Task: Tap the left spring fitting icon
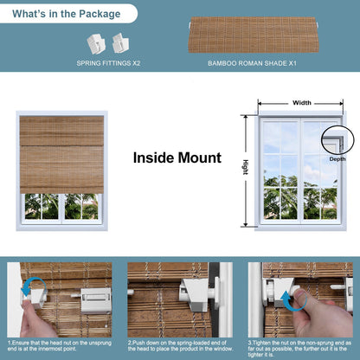click(94, 42)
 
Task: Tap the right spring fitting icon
click(117, 41)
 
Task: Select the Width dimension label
click(301, 102)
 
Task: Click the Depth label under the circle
click(337, 159)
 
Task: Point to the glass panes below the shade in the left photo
click(61, 206)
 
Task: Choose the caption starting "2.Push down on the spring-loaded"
click(179, 346)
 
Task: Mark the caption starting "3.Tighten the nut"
click(300, 346)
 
